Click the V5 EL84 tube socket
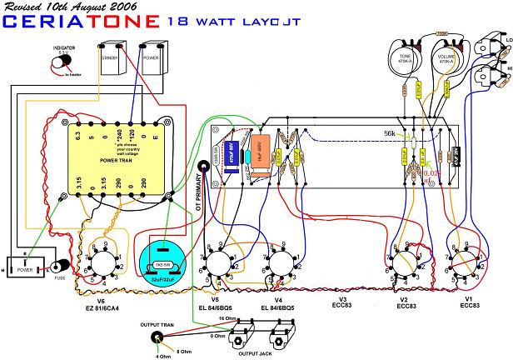tap(219, 266)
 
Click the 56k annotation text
tap(389, 133)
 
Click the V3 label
tap(343, 298)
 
